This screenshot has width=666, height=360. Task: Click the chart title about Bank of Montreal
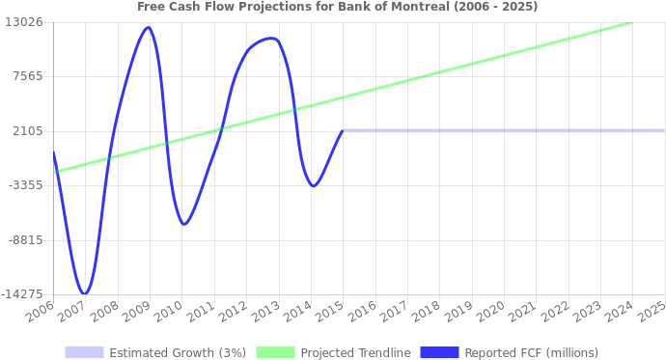(x=338, y=6)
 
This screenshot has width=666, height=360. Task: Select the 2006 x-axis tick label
(x=41, y=311)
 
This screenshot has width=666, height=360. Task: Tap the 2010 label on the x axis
(x=169, y=311)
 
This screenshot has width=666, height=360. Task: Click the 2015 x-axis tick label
(x=330, y=311)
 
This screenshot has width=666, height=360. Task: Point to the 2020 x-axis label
(x=491, y=311)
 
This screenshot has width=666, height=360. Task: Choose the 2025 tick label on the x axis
(x=652, y=311)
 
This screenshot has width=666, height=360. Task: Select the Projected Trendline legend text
(x=355, y=352)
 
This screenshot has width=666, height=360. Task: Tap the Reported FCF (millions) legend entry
(x=531, y=352)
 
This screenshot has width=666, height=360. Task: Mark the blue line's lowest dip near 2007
(x=85, y=292)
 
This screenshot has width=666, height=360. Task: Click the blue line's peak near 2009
(x=148, y=27)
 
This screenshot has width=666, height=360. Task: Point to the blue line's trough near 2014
(x=314, y=185)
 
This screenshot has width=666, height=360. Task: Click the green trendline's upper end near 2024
(x=629, y=22)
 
